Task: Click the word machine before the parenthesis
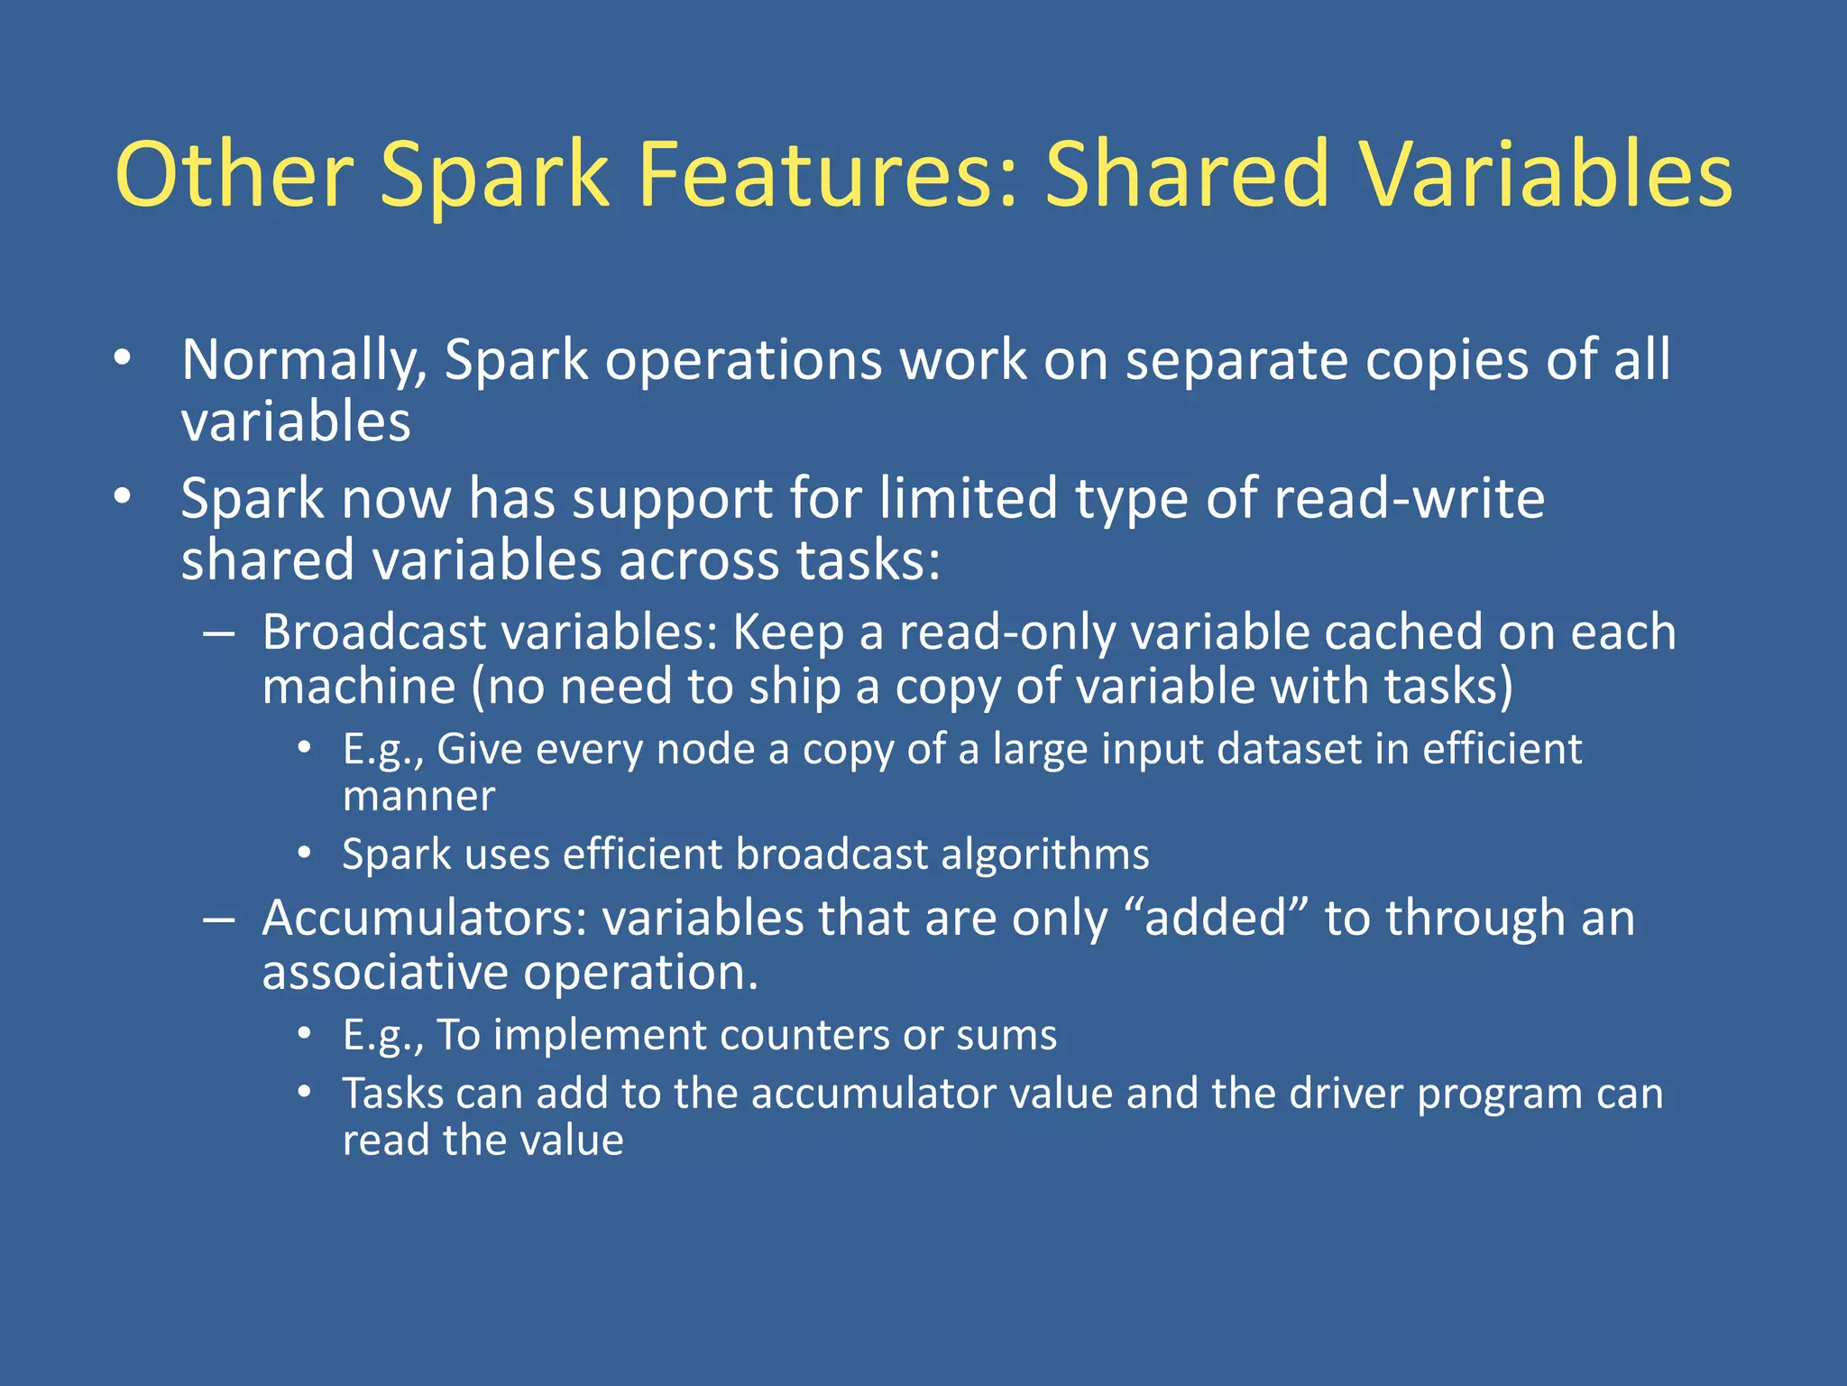point(359,688)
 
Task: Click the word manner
point(418,797)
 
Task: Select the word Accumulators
point(424,919)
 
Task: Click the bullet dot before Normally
point(123,359)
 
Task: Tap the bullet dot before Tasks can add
point(305,1094)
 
